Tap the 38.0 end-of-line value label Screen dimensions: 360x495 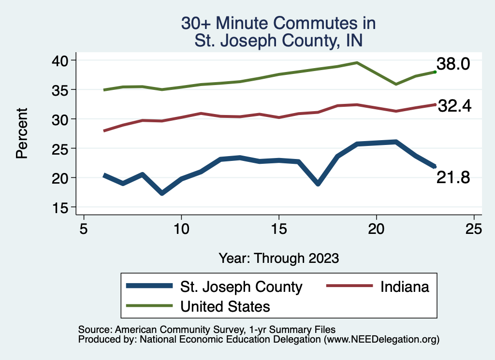point(453,64)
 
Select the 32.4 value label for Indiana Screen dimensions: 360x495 point(454,106)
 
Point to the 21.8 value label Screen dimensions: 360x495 point(453,178)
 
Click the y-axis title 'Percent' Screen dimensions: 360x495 point(21,133)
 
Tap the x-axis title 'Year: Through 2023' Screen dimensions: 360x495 point(278,258)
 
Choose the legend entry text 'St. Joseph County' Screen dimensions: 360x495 point(241,287)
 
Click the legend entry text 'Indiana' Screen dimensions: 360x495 point(405,287)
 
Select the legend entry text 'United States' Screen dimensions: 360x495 point(225,306)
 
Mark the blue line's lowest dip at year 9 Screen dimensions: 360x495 point(162,193)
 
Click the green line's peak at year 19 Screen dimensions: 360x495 point(357,63)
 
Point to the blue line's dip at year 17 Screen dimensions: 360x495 point(318,184)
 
